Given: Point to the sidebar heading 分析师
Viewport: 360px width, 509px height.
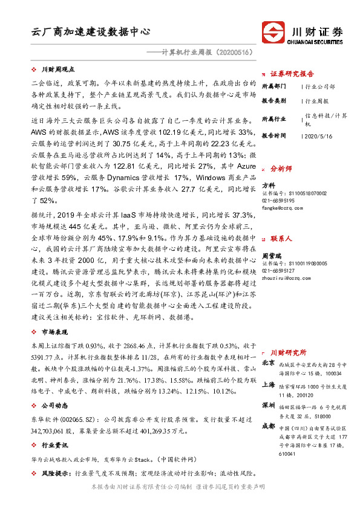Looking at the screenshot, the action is coord(281,169).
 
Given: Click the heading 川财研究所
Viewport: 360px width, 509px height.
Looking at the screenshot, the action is coord(289,352).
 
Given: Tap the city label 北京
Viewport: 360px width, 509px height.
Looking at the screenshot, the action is coord(269,363).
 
